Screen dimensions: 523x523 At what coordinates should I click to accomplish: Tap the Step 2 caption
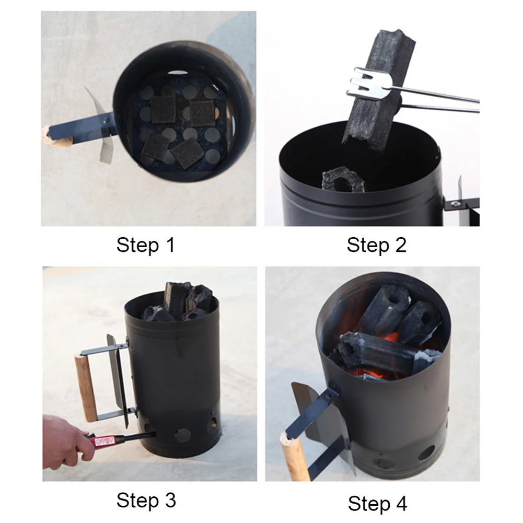[x=376, y=245]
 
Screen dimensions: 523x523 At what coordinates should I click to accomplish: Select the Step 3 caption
[x=146, y=500]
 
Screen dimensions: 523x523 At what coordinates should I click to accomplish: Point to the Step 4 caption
[x=377, y=504]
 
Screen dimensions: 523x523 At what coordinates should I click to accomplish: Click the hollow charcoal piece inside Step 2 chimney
[x=342, y=180]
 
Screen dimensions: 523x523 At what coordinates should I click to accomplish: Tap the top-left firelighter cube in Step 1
[x=164, y=109]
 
